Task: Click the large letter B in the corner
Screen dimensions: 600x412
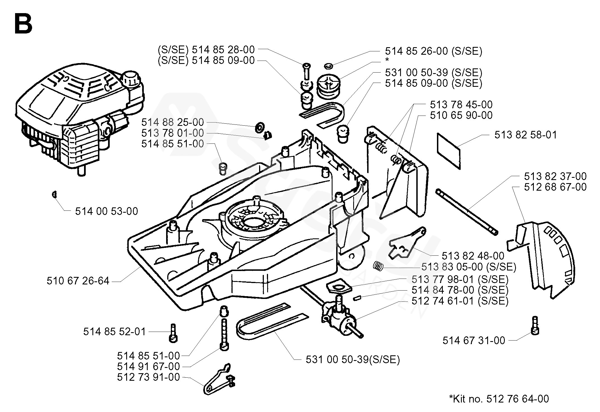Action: (x=23, y=24)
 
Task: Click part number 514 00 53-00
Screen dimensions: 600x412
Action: (x=106, y=211)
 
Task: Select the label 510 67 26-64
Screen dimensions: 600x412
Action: (x=78, y=281)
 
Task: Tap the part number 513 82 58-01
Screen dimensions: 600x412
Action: (x=526, y=135)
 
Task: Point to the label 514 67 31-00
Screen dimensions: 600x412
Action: (x=474, y=341)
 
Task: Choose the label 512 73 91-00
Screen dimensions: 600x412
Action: (x=149, y=377)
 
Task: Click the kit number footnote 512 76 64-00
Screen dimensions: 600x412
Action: (x=499, y=399)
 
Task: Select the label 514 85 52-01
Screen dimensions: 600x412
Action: (x=114, y=332)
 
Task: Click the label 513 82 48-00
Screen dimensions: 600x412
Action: (x=473, y=256)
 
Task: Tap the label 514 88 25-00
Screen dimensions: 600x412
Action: (x=173, y=122)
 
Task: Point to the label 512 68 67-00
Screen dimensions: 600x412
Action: (x=555, y=187)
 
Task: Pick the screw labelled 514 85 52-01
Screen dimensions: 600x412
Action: (x=173, y=333)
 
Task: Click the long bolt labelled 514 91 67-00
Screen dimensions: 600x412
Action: (x=224, y=335)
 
